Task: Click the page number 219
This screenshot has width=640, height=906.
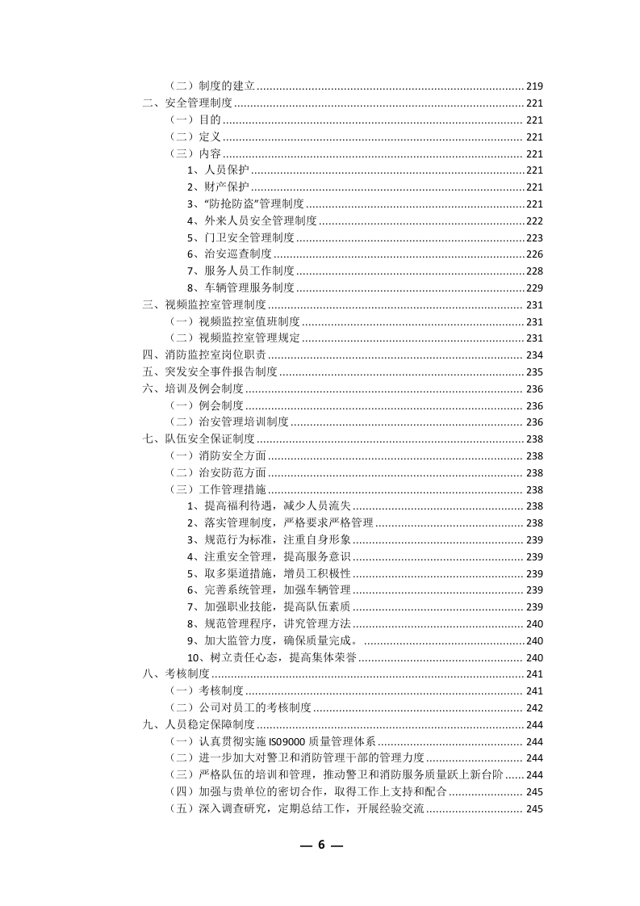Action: click(x=534, y=86)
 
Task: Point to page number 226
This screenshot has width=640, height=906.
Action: click(x=534, y=254)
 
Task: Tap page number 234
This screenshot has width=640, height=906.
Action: click(x=534, y=355)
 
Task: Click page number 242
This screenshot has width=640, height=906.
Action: click(x=534, y=708)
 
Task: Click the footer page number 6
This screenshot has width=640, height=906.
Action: click(x=320, y=845)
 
